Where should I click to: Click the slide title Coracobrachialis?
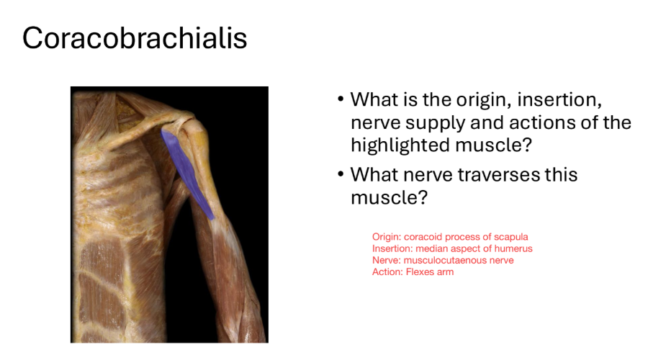pos(135,37)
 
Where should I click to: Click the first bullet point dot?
pos(340,99)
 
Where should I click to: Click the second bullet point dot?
pos(340,174)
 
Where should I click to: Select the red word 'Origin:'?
pos(387,237)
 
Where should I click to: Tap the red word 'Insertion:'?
pos(392,248)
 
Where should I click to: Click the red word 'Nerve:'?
pos(386,260)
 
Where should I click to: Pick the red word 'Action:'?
pos(387,272)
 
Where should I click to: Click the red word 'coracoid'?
pos(423,237)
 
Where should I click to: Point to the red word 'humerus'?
pos(514,248)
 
